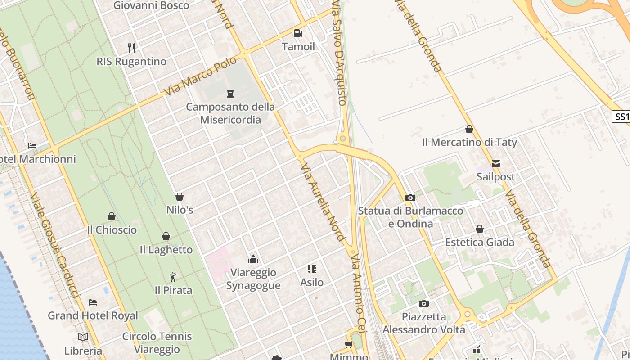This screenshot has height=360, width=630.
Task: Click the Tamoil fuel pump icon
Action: [x=298, y=33]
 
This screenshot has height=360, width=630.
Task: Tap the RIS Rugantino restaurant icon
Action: [x=131, y=48]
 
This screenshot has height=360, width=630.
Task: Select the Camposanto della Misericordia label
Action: [x=230, y=113]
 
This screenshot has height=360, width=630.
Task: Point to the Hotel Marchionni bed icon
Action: [x=32, y=146]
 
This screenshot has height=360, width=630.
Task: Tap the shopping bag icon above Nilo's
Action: [x=180, y=197]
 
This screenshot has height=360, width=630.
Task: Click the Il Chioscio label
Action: [x=112, y=230]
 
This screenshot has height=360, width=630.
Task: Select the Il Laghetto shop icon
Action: [x=166, y=236]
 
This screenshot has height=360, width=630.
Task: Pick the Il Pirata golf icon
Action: [x=173, y=277]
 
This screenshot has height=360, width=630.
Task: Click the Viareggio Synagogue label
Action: [x=253, y=279]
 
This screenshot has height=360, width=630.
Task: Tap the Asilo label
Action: [x=312, y=283]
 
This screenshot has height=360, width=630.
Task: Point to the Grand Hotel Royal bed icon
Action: [x=93, y=302]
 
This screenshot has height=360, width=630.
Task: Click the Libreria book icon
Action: [x=83, y=337]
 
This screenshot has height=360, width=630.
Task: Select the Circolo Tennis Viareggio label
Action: [x=157, y=343]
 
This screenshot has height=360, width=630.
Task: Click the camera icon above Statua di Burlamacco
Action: [x=410, y=198]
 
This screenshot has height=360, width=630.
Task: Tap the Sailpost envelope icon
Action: [x=496, y=164]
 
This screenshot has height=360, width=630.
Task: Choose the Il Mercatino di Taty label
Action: [x=469, y=143]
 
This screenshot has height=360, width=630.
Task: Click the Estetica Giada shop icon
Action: [x=480, y=229]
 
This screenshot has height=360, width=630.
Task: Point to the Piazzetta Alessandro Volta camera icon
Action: [x=423, y=303]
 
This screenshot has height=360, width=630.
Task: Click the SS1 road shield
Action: [x=621, y=117]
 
